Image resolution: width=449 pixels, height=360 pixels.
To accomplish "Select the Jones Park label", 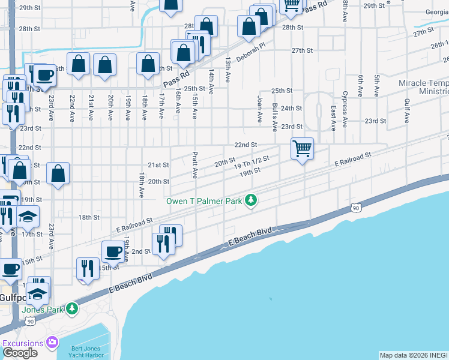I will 43,310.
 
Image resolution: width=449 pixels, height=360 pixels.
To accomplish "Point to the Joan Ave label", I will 260,109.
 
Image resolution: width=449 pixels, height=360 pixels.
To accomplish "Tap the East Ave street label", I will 333,118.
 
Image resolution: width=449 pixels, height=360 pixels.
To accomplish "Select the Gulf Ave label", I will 407,113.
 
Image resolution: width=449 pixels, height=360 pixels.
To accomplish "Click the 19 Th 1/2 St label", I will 252,162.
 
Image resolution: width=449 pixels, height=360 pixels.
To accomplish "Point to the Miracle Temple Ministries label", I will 424,87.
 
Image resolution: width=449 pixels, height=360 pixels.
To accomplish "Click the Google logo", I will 20,353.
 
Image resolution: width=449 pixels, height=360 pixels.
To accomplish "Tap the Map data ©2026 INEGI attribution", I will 414,355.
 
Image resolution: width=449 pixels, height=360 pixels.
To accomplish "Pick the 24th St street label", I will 291,108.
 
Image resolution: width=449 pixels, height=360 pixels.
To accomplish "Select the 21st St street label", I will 158,165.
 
